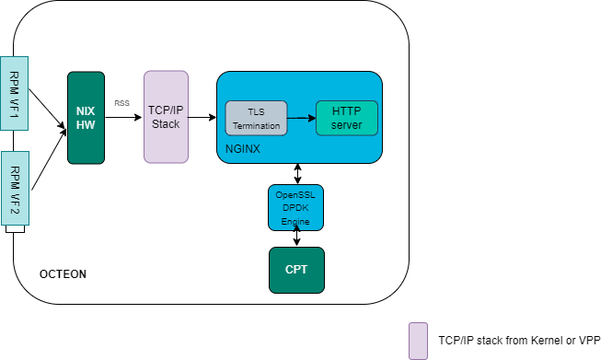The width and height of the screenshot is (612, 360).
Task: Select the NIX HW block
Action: coord(86,118)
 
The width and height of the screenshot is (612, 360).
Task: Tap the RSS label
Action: coord(121,103)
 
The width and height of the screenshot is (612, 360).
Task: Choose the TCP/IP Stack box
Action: coord(166,117)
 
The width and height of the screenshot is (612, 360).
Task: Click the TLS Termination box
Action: coord(255,118)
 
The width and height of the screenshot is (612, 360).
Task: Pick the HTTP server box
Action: coord(346,118)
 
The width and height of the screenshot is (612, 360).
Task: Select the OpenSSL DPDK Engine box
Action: coord(295,208)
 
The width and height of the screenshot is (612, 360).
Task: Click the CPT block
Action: coord(295,270)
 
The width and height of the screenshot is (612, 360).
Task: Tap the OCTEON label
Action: coord(63,275)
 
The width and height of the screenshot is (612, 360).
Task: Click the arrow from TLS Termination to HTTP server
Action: coord(300,118)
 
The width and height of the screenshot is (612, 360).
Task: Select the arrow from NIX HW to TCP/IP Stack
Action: coord(123,118)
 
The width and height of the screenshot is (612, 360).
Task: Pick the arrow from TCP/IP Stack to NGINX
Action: coord(202,118)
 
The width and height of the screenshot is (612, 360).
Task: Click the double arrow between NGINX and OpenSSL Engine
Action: coord(296,174)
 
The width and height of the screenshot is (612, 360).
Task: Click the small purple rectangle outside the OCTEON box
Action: coord(418,340)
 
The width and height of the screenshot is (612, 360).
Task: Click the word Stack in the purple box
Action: coord(166,123)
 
